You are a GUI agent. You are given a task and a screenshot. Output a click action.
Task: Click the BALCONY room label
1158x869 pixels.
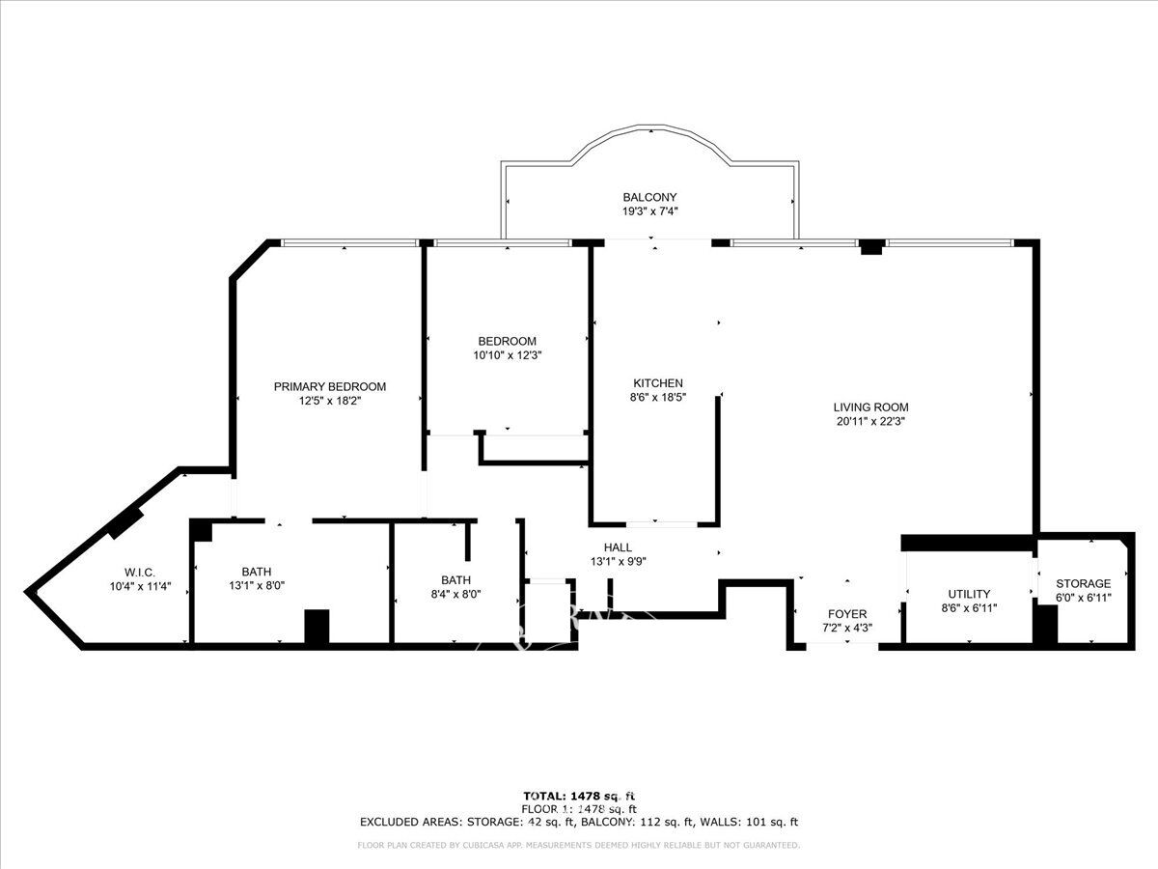[649, 197]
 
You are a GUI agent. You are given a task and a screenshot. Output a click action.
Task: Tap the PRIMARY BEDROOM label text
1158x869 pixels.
[330, 387]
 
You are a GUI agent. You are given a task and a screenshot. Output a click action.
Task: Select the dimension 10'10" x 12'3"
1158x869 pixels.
[508, 355]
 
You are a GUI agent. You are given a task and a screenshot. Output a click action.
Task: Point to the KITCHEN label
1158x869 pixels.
[658, 383]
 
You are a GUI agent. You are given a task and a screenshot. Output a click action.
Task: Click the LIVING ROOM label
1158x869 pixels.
[870, 407]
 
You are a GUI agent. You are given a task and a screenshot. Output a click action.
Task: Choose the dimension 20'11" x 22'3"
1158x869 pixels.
[870, 422]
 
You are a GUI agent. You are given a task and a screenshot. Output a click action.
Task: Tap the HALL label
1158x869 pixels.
[618, 547]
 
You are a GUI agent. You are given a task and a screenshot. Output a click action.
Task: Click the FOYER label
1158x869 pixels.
[847, 614]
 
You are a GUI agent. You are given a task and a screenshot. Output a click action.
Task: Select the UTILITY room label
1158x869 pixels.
[969, 594]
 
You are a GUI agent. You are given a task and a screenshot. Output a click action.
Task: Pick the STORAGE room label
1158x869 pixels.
[1083, 583]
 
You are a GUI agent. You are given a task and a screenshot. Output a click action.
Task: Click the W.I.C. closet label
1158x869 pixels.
[140, 573]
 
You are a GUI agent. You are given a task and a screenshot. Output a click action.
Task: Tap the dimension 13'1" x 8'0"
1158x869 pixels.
[257, 586]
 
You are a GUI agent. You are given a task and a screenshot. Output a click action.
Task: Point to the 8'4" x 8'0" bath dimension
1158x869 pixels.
[455, 594]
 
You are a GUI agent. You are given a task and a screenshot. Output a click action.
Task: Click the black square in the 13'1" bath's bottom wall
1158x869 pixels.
[317, 627]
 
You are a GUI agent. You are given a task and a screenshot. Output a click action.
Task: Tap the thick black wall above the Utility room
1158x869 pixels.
[967, 543]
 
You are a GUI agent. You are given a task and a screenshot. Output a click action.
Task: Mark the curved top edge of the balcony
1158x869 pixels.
[650, 126]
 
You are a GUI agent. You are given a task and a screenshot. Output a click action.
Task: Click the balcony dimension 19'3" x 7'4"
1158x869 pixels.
[649, 211]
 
